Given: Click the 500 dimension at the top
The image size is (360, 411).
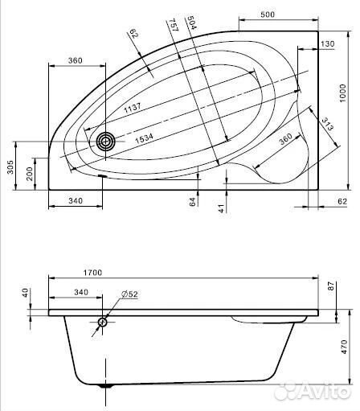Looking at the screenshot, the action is point(268,14).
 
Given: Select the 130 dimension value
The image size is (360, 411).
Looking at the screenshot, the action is point(328,43).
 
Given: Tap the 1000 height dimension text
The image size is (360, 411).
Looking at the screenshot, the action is point(342,92).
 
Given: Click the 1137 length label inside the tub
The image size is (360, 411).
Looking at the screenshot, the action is point(133,107).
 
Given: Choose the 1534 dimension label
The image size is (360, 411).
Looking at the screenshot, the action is point(144,139).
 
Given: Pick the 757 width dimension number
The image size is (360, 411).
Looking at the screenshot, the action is point(174,25).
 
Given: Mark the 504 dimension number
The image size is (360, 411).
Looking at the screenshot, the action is point(192,23).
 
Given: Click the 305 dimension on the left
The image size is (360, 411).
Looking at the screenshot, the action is point(10,167).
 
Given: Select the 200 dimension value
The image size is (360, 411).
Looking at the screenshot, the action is point(30,174).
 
